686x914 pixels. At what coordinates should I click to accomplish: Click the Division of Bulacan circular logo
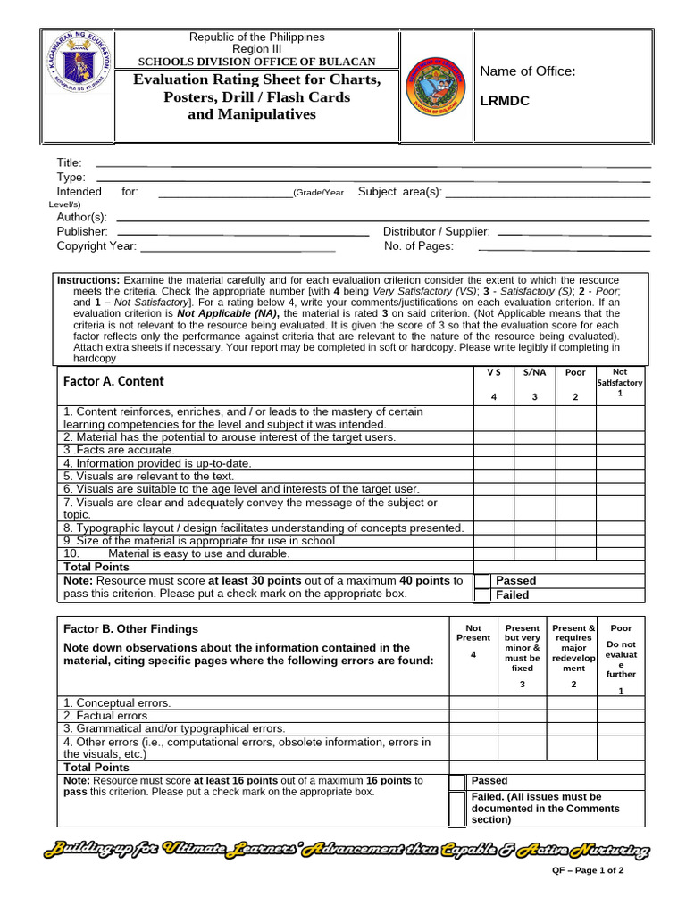tap(435, 87)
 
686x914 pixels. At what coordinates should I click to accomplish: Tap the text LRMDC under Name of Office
tap(505, 101)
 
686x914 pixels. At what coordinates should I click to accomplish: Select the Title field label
tap(70, 162)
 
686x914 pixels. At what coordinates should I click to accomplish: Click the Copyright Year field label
tap(96, 245)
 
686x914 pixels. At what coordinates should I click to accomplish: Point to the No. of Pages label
tap(418, 245)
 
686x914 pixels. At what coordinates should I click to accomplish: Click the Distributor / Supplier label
tap(436, 231)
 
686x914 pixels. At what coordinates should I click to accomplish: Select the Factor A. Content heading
tap(113, 381)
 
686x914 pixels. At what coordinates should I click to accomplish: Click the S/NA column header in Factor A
tap(534, 372)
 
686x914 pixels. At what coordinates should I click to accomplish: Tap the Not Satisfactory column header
tap(620, 382)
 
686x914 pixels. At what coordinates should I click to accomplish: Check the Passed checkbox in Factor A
tap(481, 581)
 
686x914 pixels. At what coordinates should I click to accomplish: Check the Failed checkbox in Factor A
tap(481, 595)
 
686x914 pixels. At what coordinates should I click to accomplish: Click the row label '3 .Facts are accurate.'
tap(119, 451)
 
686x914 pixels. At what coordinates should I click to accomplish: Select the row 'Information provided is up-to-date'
tap(157, 463)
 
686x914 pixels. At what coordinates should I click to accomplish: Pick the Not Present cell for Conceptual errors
tap(473, 702)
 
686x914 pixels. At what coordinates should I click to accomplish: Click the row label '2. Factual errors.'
tap(106, 716)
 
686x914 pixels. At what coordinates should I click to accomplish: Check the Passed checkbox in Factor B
tap(457, 782)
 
